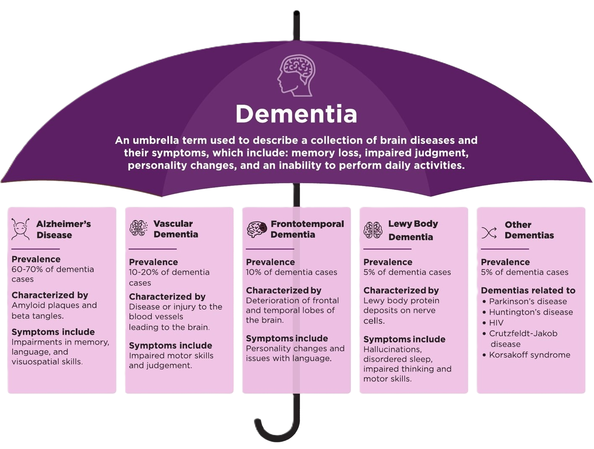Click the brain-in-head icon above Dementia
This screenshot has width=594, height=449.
(296, 76)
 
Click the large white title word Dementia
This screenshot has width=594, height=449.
(296, 114)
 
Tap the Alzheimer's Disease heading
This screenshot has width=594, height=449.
(63, 229)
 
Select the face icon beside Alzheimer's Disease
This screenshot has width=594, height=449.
(20, 229)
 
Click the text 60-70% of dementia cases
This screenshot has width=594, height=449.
(52, 274)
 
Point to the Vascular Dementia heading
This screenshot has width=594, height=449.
(175, 229)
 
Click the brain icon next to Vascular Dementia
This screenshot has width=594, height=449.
(138, 228)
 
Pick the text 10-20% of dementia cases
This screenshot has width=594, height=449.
(169, 277)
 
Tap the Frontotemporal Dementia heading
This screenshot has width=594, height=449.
(307, 229)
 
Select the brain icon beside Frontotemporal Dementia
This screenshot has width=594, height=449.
(257, 229)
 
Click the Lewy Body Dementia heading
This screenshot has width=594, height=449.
(412, 230)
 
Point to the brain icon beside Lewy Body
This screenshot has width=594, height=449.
(373, 230)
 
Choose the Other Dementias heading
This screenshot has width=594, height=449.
(529, 230)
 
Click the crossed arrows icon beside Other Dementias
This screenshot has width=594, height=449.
(489, 233)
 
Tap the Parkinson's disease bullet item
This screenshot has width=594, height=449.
(527, 301)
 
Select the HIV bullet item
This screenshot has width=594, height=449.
(496, 323)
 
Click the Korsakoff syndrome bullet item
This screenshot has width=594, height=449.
(529, 355)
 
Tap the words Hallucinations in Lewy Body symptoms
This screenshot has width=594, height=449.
(392, 349)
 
